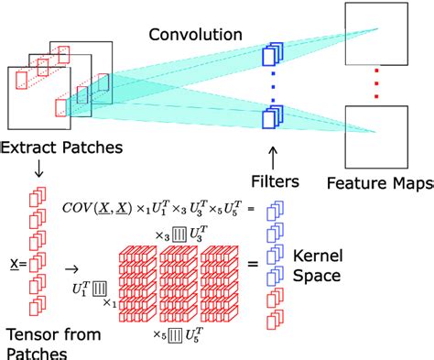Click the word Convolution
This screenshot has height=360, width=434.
click(x=190, y=36)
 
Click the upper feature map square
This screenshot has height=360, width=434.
click(x=375, y=33)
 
